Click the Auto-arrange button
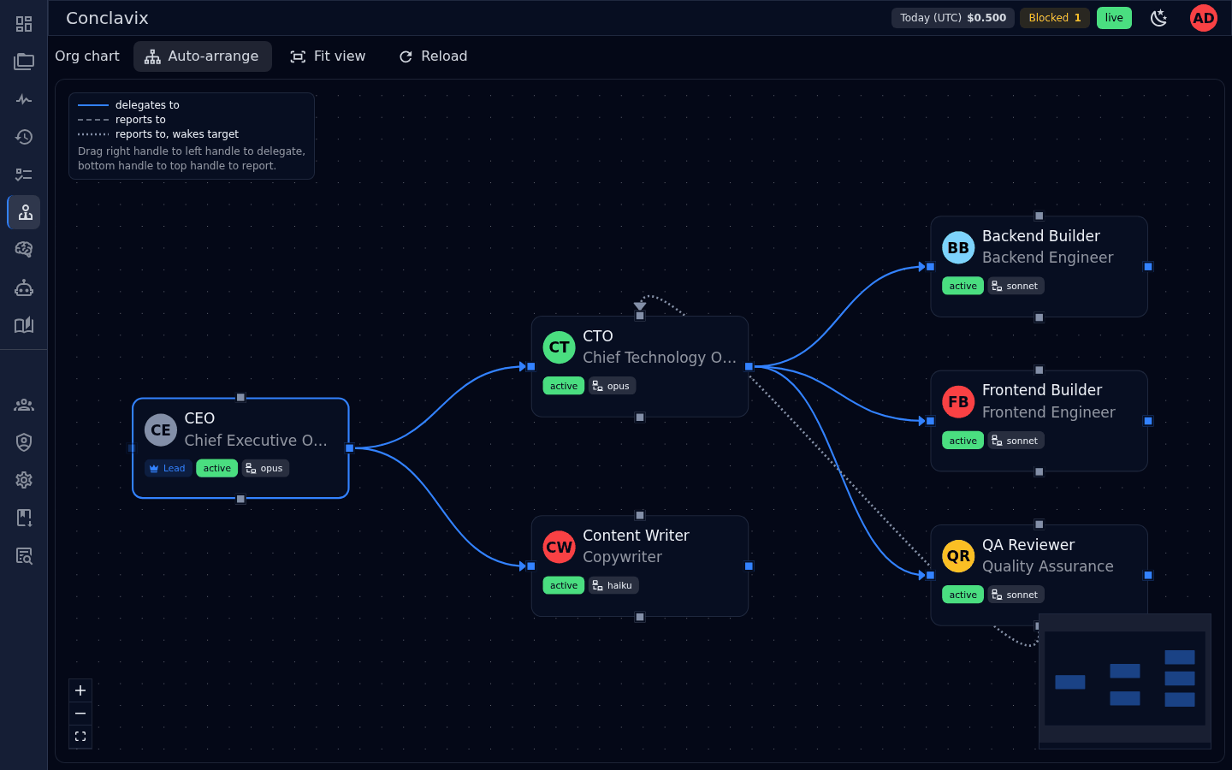tap(202, 56)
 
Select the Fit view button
tap(328, 56)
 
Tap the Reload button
tap(434, 56)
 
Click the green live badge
tap(1114, 18)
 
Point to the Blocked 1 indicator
tap(1054, 18)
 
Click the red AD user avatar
tap(1204, 18)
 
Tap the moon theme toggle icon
tap(1158, 18)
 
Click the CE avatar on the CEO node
tap(161, 429)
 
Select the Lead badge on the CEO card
tap(168, 468)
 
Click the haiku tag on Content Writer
tap(613, 585)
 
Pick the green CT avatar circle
tap(560, 347)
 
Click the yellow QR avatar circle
tap(958, 556)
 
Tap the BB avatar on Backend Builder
tap(958, 247)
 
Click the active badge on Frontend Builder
tap(962, 441)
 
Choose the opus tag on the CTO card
tap(613, 386)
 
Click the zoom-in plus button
tap(80, 690)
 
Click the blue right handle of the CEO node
tap(349, 448)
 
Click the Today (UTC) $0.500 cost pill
tap(952, 18)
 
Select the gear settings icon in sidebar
tap(24, 480)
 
